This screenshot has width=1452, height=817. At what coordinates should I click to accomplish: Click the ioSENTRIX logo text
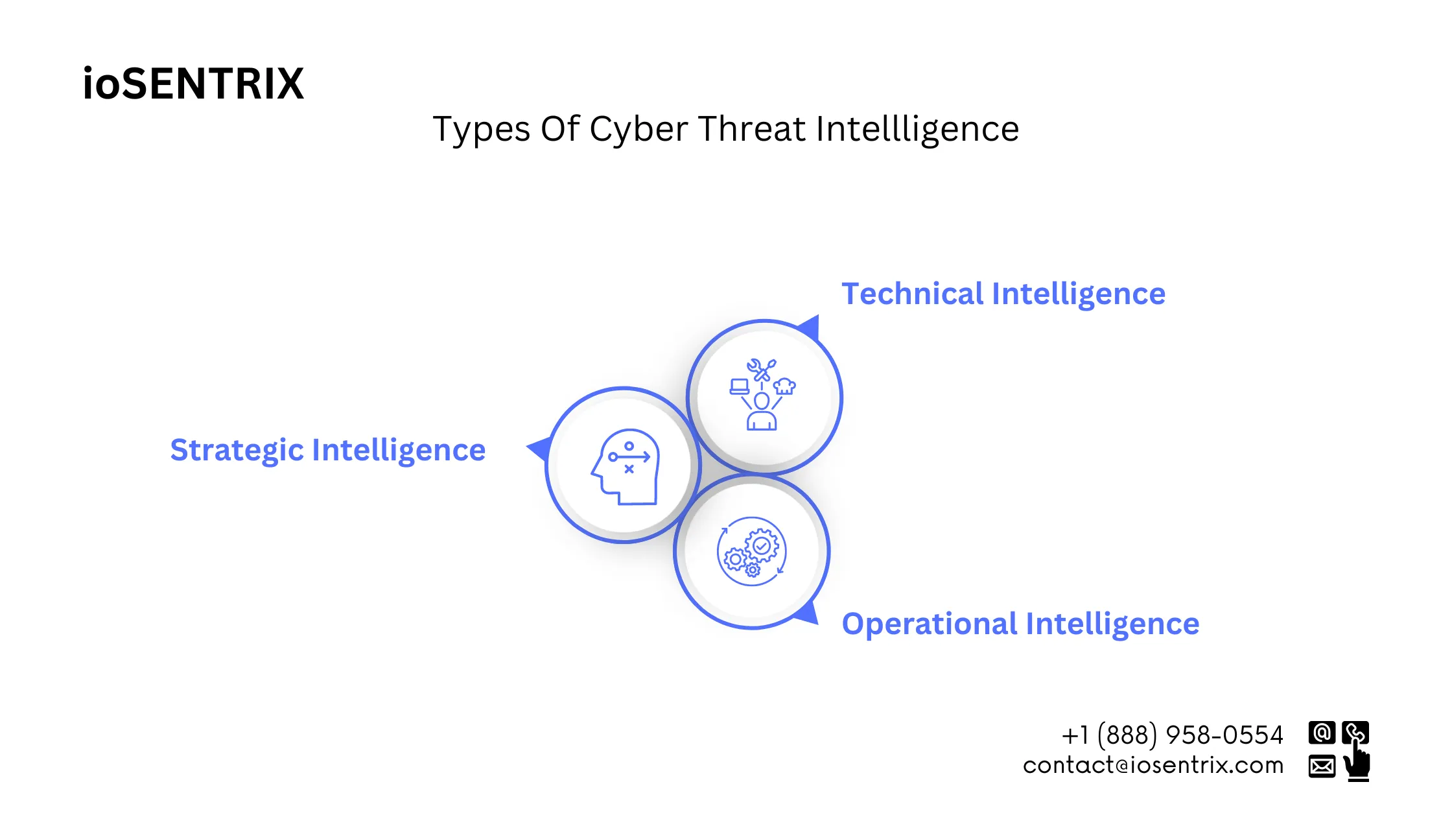pyautogui.click(x=193, y=84)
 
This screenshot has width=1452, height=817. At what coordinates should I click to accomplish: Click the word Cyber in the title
pyautogui.click(x=638, y=129)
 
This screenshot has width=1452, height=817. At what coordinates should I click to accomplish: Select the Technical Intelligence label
pyautogui.click(x=1003, y=294)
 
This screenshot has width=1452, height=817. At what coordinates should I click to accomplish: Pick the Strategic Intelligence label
pyautogui.click(x=327, y=450)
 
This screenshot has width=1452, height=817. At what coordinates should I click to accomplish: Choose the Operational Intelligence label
pyautogui.click(x=1020, y=624)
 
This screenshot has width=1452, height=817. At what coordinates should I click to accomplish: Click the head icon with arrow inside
pyautogui.click(x=625, y=466)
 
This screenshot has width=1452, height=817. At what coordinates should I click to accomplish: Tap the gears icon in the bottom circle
pyautogui.click(x=752, y=551)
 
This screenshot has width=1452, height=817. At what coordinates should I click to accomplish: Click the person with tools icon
pyautogui.click(x=762, y=396)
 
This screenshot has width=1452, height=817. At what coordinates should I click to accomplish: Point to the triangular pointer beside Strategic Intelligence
pyautogui.click(x=541, y=448)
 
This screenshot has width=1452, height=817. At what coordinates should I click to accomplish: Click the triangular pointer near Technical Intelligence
pyautogui.click(x=810, y=327)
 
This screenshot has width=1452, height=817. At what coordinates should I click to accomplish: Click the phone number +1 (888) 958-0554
pyautogui.click(x=1172, y=735)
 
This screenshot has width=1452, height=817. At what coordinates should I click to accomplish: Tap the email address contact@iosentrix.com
pyautogui.click(x=1153, y=766)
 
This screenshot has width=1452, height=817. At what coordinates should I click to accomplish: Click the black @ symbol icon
pyautogui.click(x=1322, y=733)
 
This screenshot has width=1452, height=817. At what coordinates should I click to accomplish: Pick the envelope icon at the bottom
pyautogui.click(x=1322, y=766)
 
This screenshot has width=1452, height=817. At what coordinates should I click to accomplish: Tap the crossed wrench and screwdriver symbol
pyautogui.click(x=762, y=370)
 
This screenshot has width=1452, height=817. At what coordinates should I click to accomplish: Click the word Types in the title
pyautogui.click(x=481, y=129)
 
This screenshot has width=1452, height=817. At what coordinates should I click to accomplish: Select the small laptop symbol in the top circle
pyautogui.click(x=740, y=387)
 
